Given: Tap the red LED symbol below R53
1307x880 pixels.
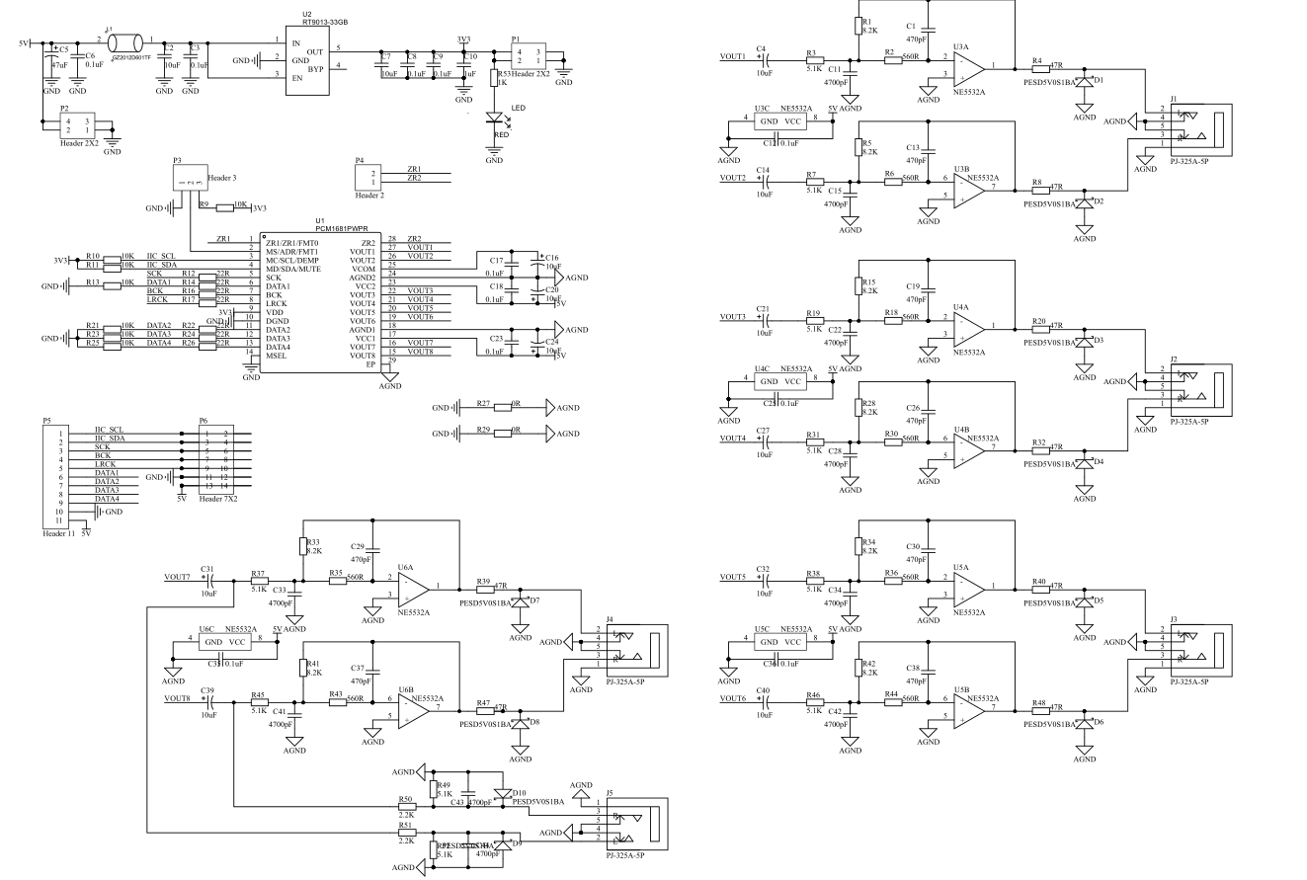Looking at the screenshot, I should pyautogui.click(x=494, y=116).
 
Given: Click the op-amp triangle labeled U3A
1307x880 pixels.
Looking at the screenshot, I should pyautogui.click(x=968, y=67).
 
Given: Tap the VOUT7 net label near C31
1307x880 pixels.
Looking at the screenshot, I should pyautogui.click(x=179, y=577).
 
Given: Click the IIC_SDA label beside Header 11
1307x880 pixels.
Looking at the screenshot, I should pyautogui.click(x=109, y=438).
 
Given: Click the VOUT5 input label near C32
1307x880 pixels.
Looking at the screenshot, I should pyautogui.click(x=733, y=577).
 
